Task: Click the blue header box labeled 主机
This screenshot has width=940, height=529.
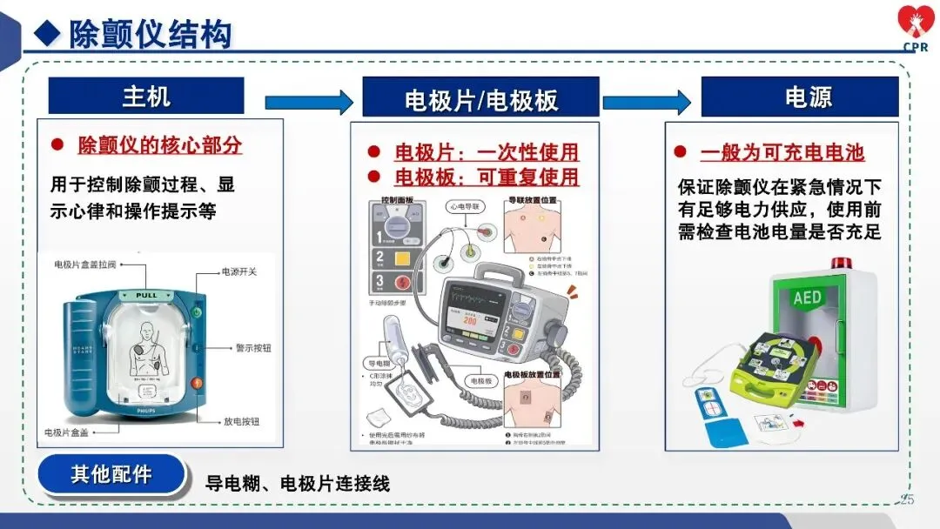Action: point(146,96)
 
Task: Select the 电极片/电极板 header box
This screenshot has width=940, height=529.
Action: point(480,97)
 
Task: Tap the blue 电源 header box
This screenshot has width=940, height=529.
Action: point(799,97)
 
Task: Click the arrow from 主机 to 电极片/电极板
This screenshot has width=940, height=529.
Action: point(308,103)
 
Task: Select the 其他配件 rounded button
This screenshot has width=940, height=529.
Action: point(111,475)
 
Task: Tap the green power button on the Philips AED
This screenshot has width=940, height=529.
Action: point(198,311)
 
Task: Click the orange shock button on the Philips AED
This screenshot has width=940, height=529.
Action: point(198,382)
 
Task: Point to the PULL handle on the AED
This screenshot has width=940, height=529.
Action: point(146,296)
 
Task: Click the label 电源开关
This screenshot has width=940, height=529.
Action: point(239,272)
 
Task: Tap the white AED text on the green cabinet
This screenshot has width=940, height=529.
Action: point(807,298)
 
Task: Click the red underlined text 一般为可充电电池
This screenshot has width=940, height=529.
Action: point(782,153)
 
